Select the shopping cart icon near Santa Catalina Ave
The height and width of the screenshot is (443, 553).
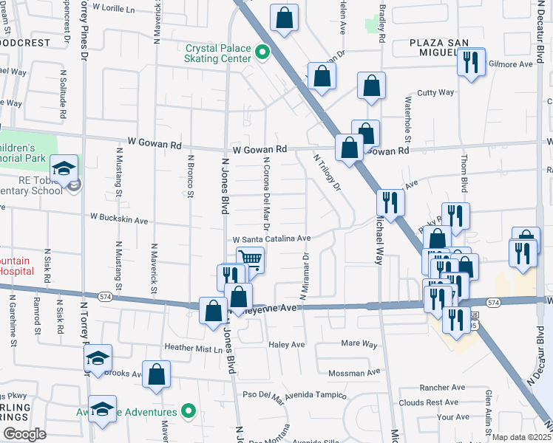[250, 260]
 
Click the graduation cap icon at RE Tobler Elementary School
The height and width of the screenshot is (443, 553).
[64, 168]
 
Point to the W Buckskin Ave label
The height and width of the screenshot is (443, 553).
[119, 219]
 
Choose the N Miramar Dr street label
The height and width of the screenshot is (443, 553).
[303, 277]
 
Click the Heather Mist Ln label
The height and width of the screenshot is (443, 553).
[193, 348]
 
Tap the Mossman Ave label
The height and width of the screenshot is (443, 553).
[358, 374]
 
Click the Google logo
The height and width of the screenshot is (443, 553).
[24, 434]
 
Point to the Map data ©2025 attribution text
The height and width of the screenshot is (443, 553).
[522, 437]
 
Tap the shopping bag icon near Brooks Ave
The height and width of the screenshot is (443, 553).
[157, 374]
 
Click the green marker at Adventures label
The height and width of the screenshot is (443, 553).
[189, 411]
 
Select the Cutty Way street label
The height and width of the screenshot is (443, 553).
[435, 92]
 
